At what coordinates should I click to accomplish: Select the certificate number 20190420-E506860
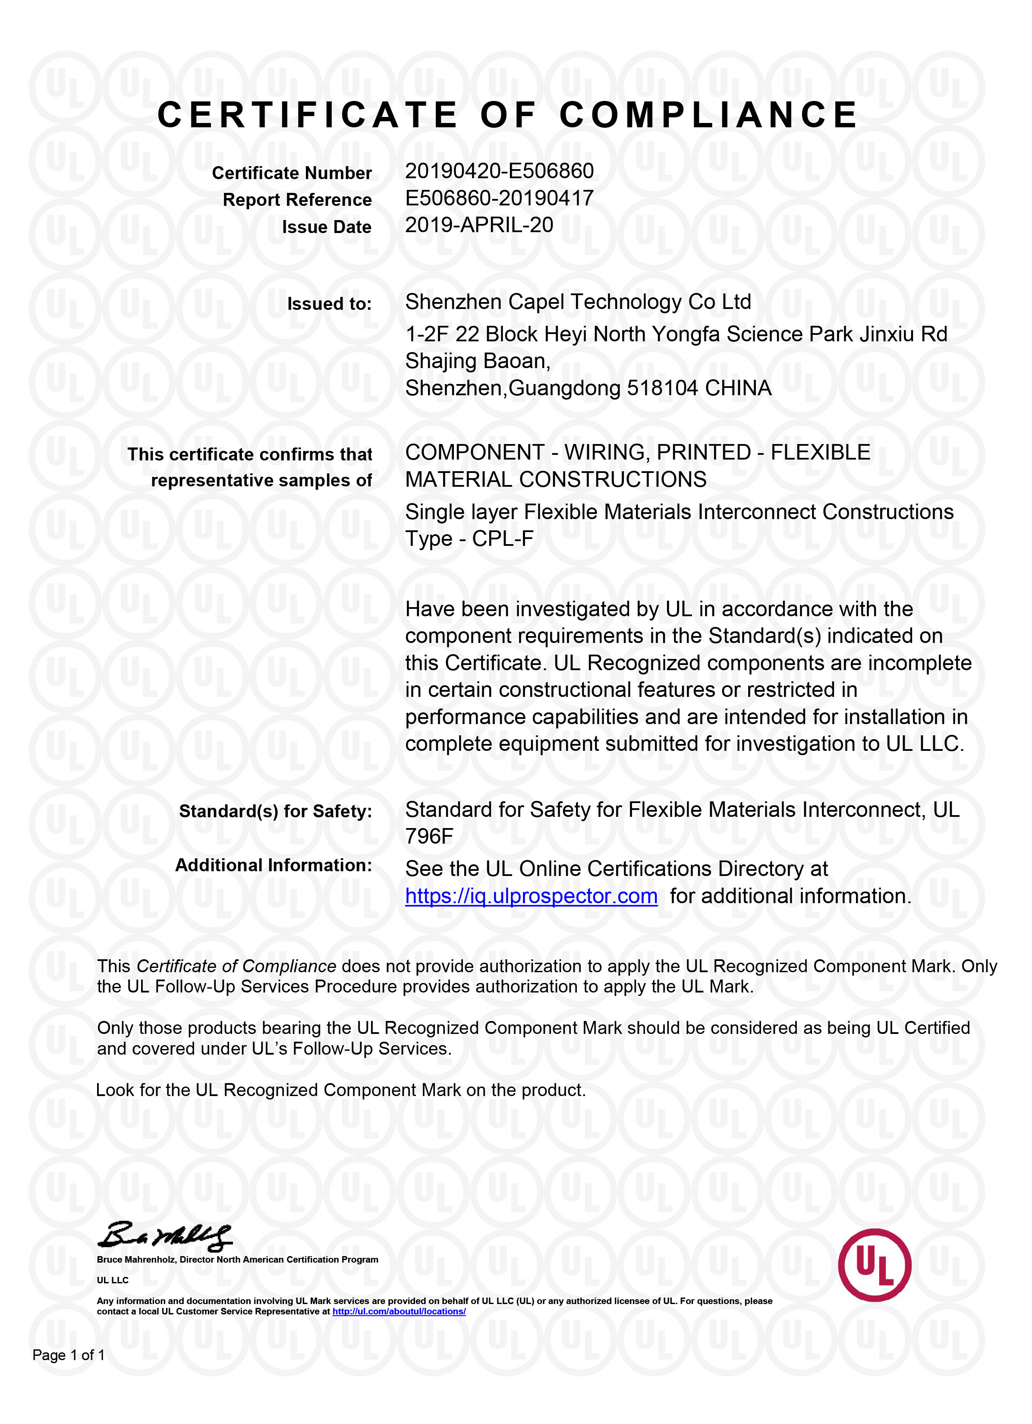(x=499, y=171)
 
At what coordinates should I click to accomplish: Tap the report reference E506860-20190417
(x=499, y=198)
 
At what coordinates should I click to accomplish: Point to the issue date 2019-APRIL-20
(x=479, y=225)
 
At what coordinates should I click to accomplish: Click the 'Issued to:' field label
(x=329, y=304)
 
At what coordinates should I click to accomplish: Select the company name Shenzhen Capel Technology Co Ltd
(x=578, y=302)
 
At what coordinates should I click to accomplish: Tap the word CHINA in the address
(x=738, y=388)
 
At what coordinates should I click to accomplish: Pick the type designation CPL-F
(x=502, y=539)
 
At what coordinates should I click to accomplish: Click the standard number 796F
(x=429, y=836)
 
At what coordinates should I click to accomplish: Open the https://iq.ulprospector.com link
(x=531, y=896)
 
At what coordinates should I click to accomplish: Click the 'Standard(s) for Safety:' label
(x=275, y=811)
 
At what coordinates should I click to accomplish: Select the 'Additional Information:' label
(x=273, y=865)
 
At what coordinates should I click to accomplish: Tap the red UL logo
(x=875, y=1264)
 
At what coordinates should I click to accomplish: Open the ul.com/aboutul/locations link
(x=399, y=1312)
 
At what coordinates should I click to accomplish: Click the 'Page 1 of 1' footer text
(x=69, y=1355)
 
